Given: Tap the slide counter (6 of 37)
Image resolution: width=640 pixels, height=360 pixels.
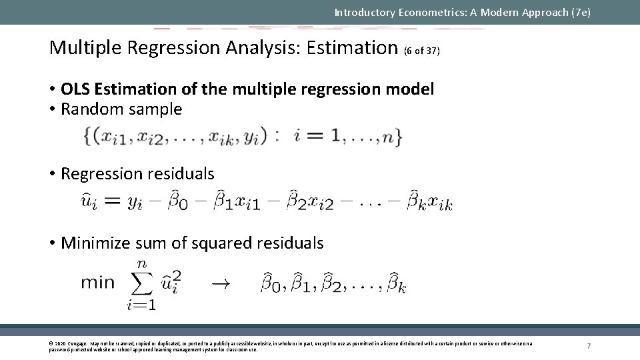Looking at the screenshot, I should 421,51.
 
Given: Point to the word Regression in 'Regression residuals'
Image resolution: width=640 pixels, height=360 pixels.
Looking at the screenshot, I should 98,174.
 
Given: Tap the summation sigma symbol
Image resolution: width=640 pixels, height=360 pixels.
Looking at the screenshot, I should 141,283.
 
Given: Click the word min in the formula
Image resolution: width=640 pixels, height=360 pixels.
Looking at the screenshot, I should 97,283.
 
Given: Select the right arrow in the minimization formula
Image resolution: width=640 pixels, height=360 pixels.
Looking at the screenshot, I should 220,284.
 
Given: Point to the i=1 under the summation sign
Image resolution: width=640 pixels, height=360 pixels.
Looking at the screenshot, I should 141,306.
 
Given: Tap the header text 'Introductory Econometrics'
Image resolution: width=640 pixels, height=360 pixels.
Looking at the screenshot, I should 400,12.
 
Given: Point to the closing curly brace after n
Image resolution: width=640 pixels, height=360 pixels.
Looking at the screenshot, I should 397,136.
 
